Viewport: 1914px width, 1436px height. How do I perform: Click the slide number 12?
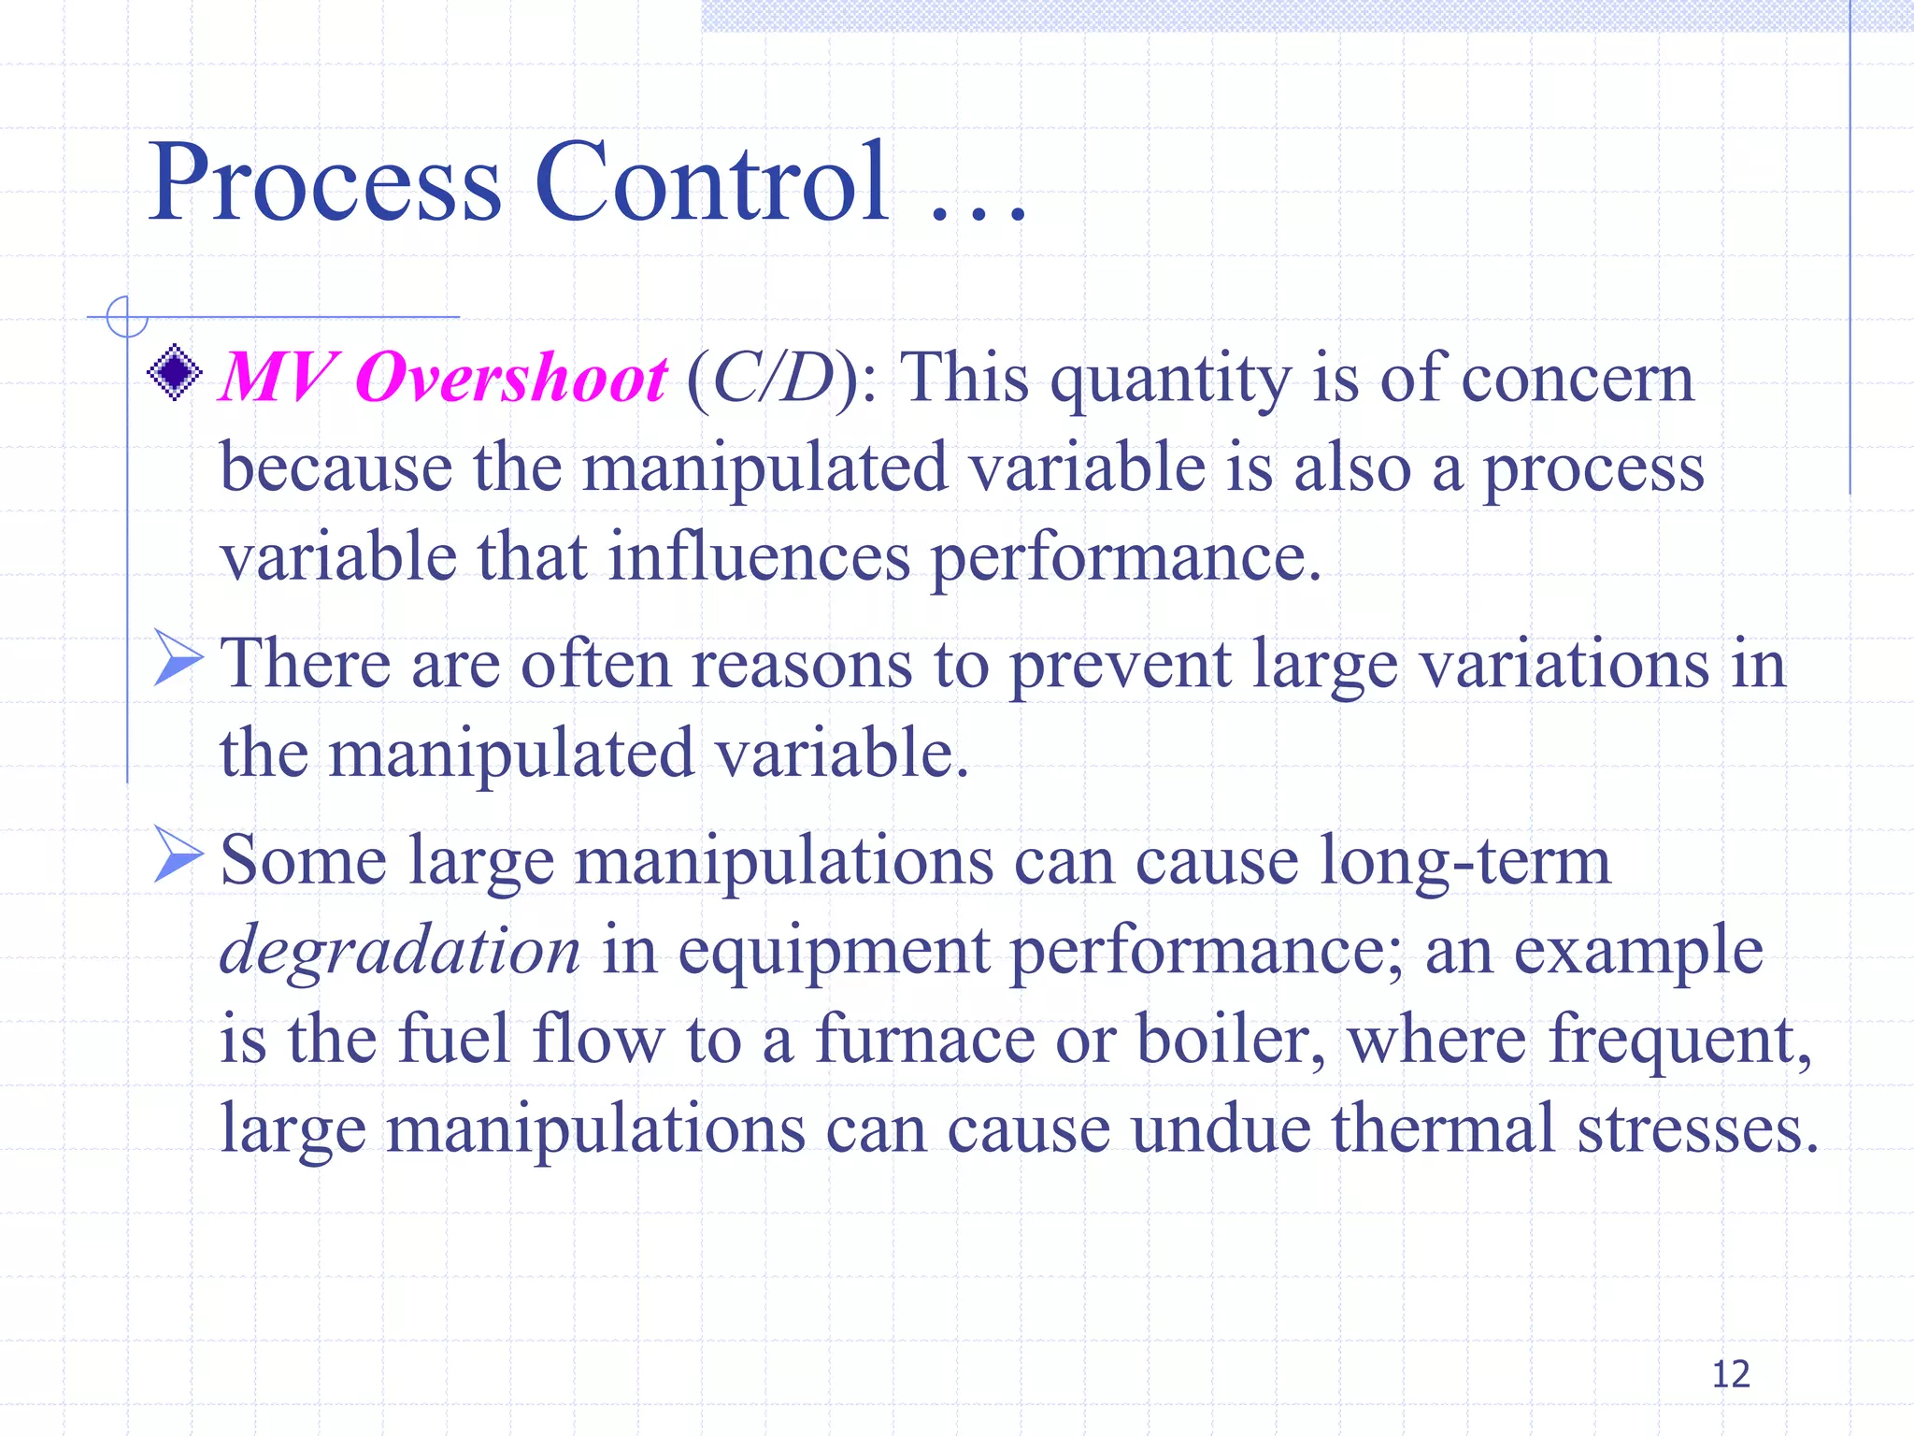[x=1730, y=1374]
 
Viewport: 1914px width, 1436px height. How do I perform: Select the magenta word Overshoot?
[x=511, y=379]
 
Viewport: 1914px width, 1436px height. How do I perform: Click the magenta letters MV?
[x=275, y=379]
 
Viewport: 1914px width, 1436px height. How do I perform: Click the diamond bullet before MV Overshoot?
[x=175, y=373]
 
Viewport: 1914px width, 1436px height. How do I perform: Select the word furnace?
[x=924, y=1040]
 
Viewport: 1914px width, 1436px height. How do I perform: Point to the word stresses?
[x=1697, y=1129]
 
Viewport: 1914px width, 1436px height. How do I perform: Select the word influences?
[x=759, y=558]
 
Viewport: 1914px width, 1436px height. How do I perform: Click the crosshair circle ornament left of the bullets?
[x=126, y=317]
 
